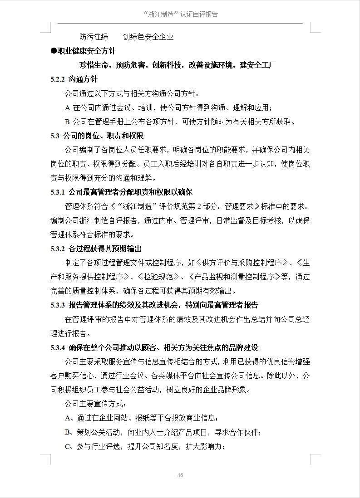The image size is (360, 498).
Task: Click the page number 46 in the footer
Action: coord(180,475)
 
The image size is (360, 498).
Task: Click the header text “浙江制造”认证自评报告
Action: coord(180,15)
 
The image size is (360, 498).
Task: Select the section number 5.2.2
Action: coord(58,79)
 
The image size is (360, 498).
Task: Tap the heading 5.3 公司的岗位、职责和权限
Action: coord(97,135)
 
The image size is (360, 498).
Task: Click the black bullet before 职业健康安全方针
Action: coord(53,51)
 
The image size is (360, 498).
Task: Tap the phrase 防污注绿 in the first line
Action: coord(94,37)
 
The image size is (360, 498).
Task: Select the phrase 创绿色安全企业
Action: coord(148,37)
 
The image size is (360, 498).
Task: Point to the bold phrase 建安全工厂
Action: coord(258,65)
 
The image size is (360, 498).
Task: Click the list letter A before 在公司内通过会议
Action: coord(68,107)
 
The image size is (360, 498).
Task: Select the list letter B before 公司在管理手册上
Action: coord(68,122)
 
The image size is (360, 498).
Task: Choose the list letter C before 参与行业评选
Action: coord(68,446)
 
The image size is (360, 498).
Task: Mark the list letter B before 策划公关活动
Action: coord(68,432)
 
